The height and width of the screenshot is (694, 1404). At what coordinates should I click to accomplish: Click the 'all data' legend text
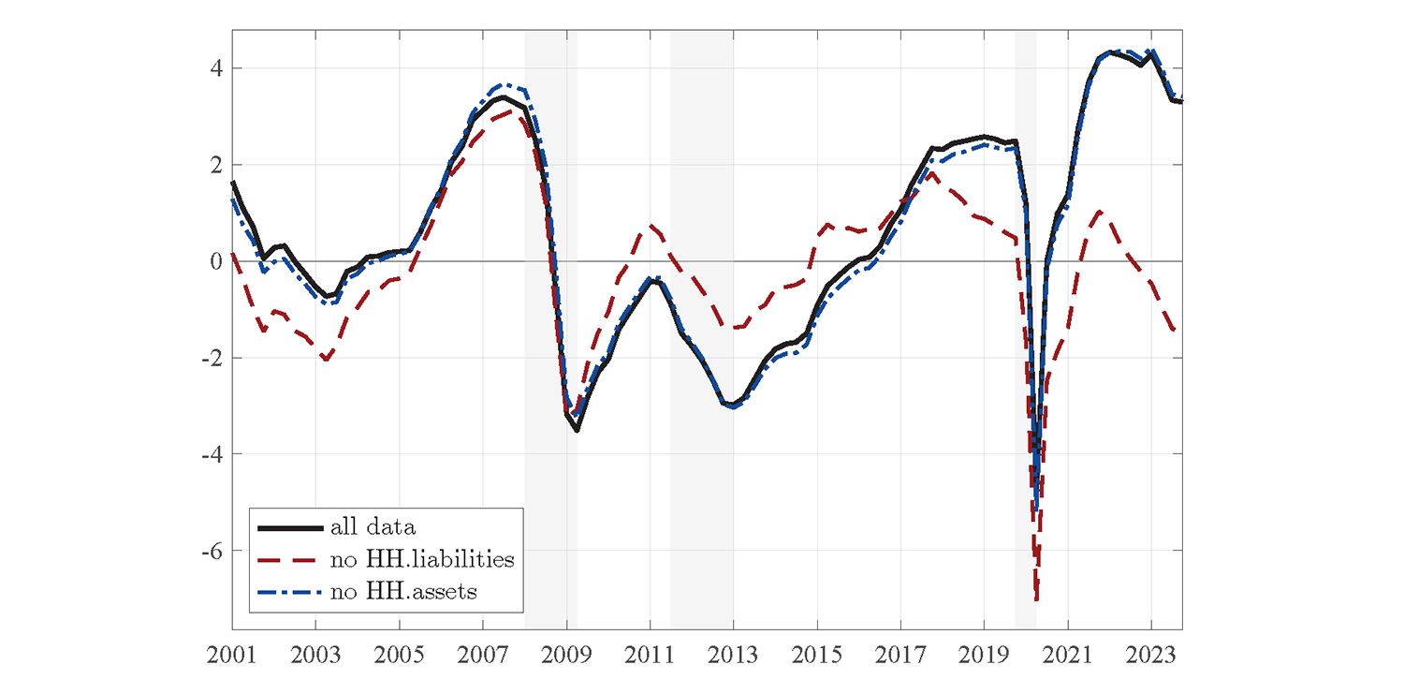pos(373,528)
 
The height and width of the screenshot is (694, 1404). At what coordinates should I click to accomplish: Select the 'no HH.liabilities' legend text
pos(422,560)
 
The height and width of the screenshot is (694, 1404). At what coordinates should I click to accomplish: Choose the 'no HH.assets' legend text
pos(403,591)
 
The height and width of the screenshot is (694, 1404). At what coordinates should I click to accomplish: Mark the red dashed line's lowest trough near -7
pos(1037,599)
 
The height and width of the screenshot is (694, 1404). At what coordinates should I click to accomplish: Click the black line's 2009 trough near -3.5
pos(578,430)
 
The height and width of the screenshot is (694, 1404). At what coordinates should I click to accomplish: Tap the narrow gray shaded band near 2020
pos(1025,328)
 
